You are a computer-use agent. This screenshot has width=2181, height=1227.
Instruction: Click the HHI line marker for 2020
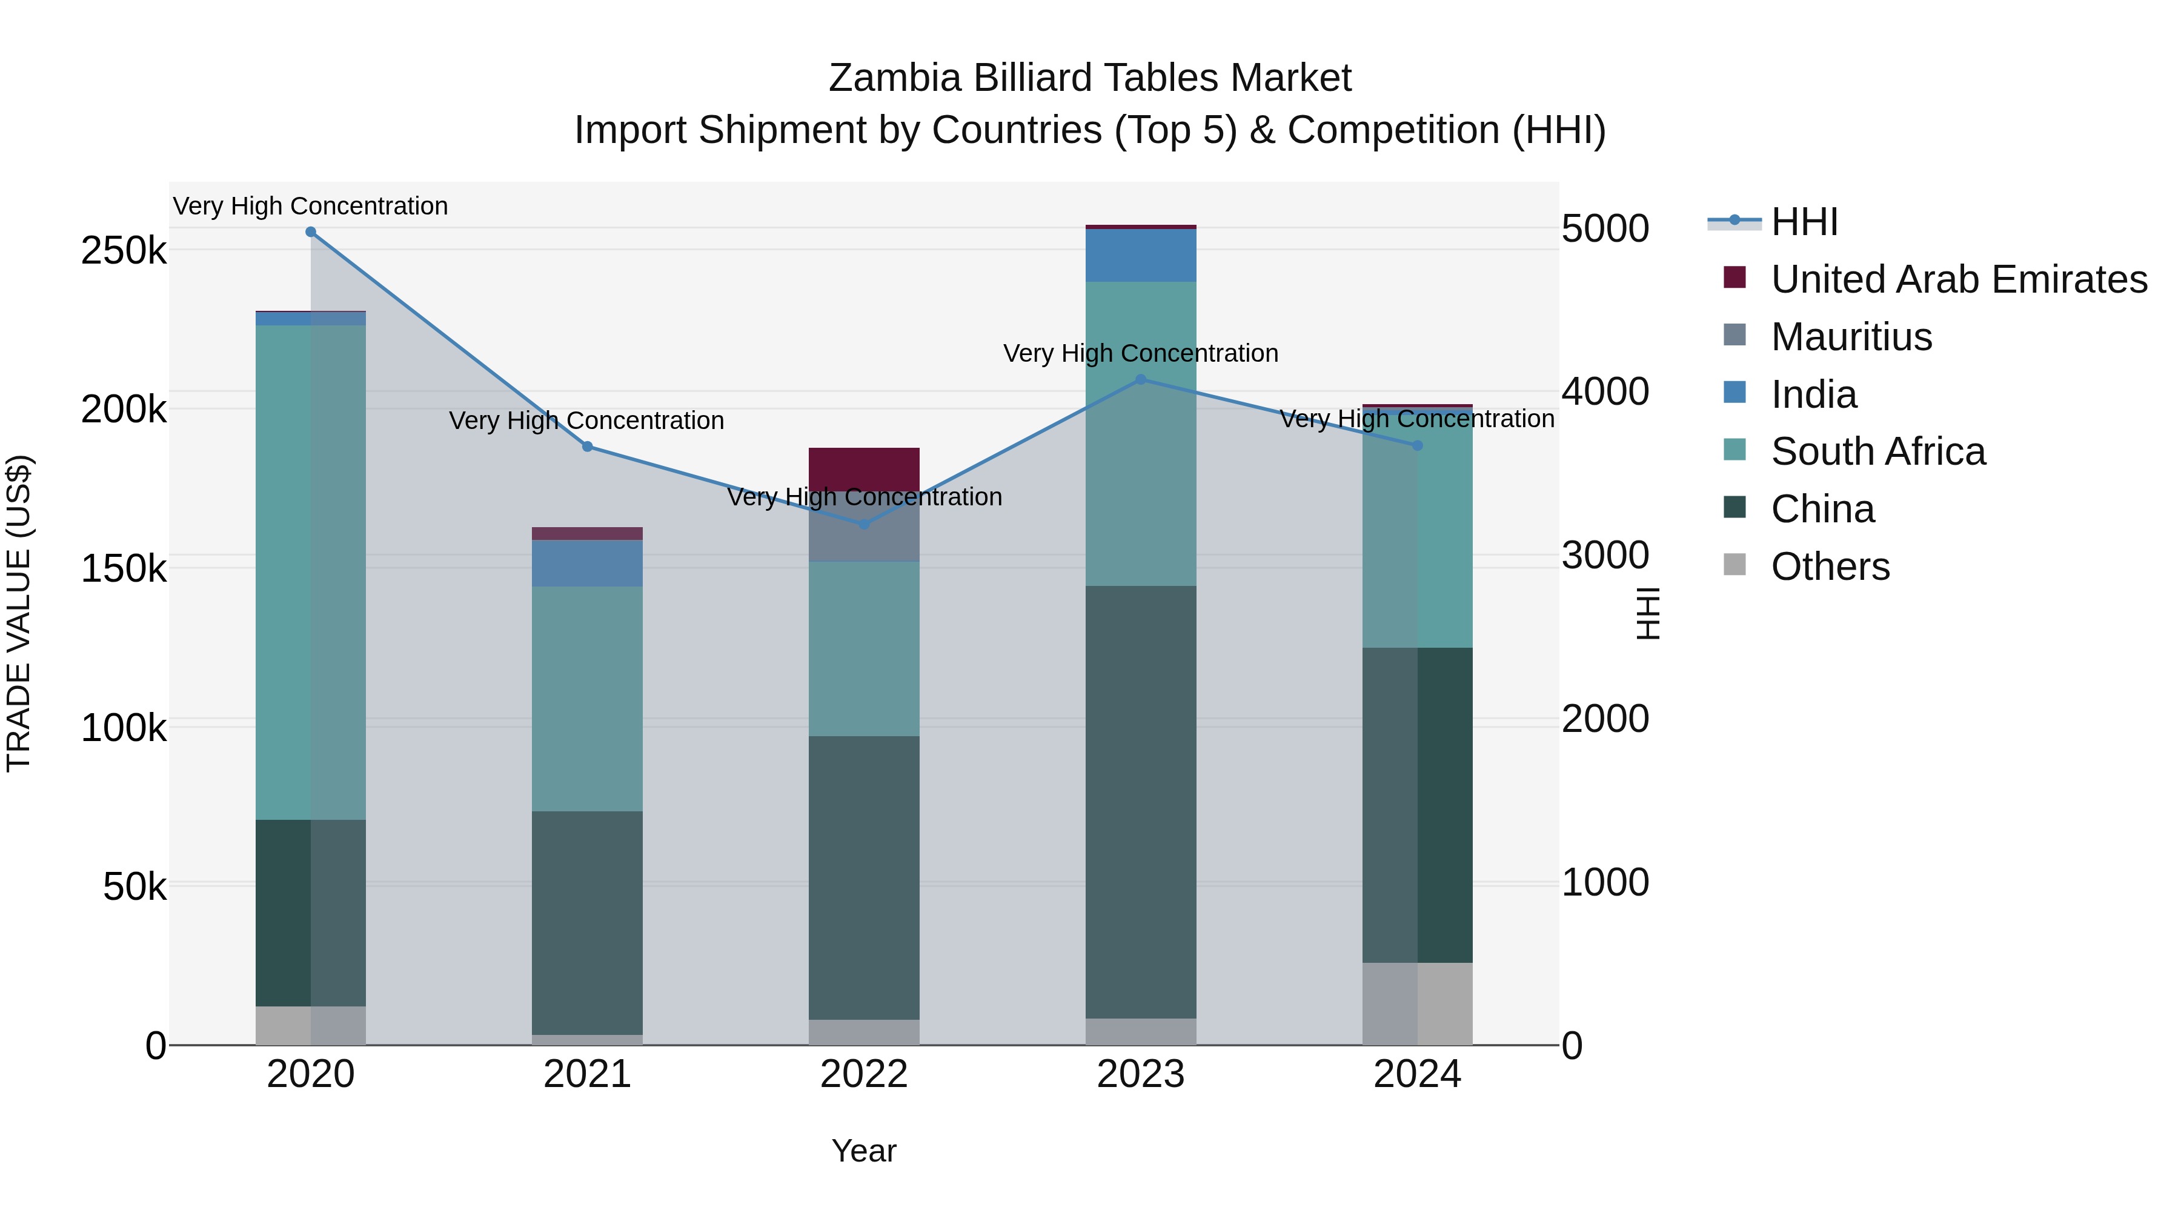pyautogui.click(x=311, y=232)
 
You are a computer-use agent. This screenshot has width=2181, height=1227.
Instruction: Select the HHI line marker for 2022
pyautogui.click(x=863, y=524)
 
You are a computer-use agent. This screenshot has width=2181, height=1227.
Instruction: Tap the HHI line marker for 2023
pyautogui.click(x=1140, y=379)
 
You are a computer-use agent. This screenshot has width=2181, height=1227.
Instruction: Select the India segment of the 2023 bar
pyautogui.click(x=1140, y=255)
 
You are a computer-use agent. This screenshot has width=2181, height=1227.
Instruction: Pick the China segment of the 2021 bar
pyautogui.click(x=586, y=923)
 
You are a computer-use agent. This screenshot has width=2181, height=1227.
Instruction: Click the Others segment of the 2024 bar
pyautogui.click(x=1417, y=1003)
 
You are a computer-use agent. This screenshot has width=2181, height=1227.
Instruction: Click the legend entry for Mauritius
pyautogui.click(x=1851, y=337)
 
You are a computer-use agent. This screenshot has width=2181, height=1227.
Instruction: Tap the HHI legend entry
pyautogui.click(x=1804, y=222)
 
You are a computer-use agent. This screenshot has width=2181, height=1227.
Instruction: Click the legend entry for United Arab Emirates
pyautogui.click(x=1957, y=279)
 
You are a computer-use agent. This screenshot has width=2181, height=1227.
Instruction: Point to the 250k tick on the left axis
pyautogui.click(x=124, y=251)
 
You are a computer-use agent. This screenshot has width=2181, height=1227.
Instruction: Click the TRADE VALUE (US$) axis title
pyautogui.click(x=19, y=614)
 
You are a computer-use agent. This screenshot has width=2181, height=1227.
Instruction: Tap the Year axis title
pyautogui.click(x=863, y=1151)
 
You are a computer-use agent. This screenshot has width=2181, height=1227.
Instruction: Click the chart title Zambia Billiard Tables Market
pyautogui.click(x=1090, y=78)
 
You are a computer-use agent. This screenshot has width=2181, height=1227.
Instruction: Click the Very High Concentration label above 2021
pyautogui.click(x=586, y=421)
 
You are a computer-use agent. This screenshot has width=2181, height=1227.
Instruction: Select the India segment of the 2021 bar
pyautogui.click(x=586, y=563)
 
